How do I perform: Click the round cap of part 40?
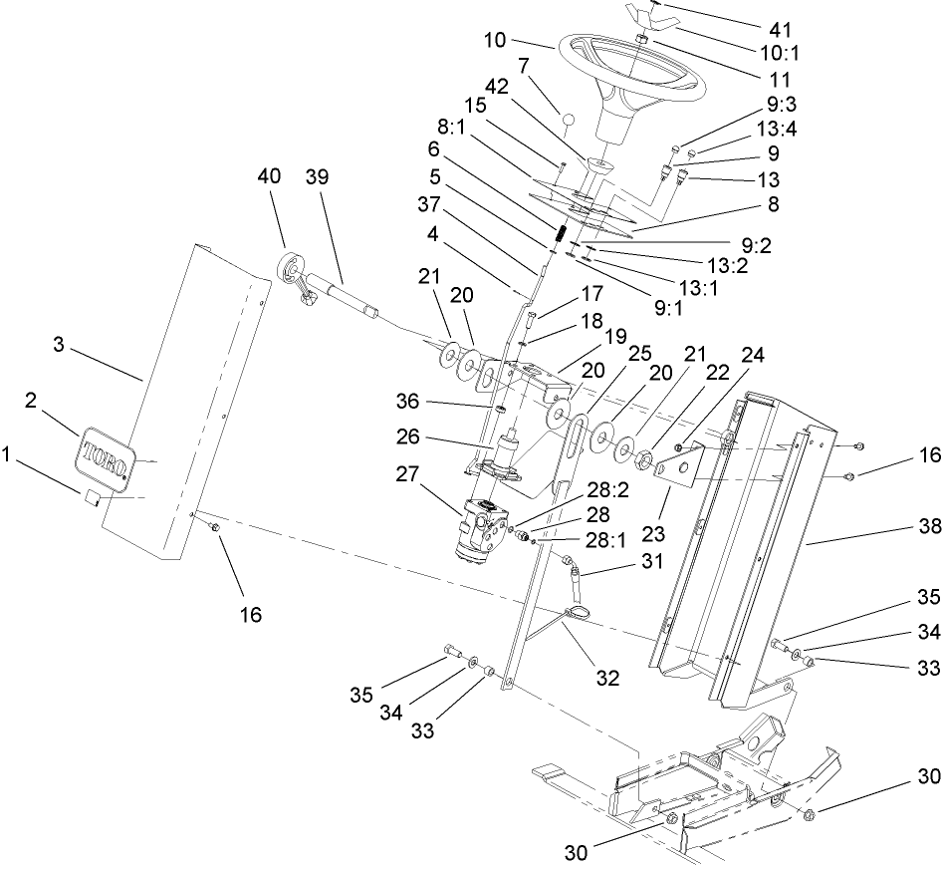tap(290, 270)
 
